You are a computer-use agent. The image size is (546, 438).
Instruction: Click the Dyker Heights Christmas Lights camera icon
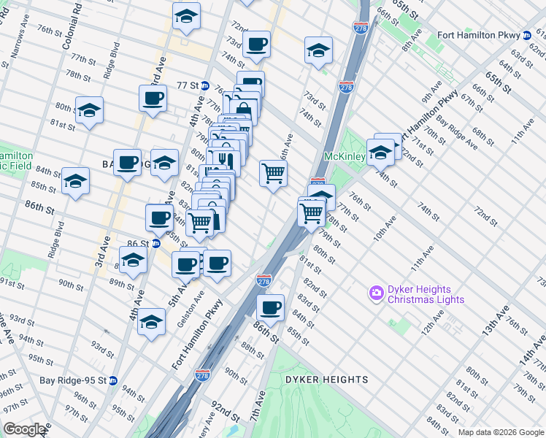click(x=377, y=294)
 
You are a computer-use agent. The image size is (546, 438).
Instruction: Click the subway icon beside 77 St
click(x=205, y=85)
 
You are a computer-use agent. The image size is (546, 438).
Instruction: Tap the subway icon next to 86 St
click(x=155, y=243)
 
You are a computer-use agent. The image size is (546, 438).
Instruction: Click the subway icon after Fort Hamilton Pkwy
click(x=526, y=35)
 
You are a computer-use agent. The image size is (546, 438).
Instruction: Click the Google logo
click(x=24, y=429)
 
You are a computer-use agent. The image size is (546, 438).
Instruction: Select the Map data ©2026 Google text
click(x=500, y=432)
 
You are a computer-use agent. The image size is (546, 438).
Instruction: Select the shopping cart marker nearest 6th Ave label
click(x=273, y=174)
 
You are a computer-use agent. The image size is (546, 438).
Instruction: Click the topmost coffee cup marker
click(x=256, y=44)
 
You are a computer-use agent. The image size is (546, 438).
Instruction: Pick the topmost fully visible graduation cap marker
click(x=187, y=17)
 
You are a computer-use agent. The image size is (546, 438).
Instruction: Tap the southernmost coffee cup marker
click(x=270, y=308)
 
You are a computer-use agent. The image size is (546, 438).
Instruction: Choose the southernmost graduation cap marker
click(x=151, y=320)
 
